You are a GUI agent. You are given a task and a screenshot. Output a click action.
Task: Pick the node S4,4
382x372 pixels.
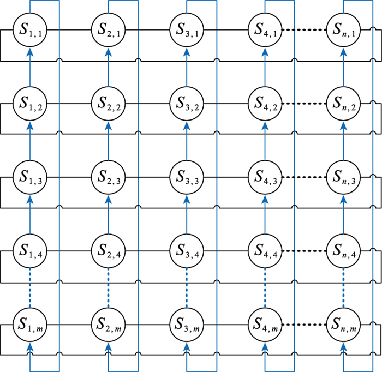pyautogui.click(x=265, y=251)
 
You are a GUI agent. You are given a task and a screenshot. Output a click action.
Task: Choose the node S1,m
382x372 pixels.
pyautogui.click(x=29, y=326)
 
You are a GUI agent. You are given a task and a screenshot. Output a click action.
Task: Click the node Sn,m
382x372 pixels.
pyautogui.click(x=344, y=326)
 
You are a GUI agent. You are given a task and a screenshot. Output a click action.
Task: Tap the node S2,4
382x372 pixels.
pyautogui.click(x=108, y=251)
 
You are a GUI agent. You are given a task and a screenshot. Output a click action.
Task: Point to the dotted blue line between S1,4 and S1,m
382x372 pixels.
pyautogui.click(x=29, y=289)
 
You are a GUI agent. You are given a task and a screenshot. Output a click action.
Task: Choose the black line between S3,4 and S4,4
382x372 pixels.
pyautogui.click(x=226, y=251)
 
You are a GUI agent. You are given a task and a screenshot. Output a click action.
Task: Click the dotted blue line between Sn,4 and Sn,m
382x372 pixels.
pyautogui.click(x=344, y=289)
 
